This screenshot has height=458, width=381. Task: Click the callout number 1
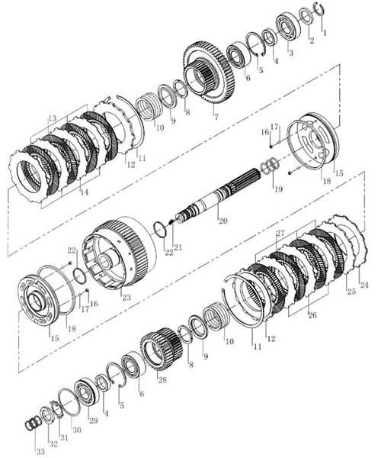(324, 33)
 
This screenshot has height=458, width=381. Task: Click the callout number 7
(216, 117)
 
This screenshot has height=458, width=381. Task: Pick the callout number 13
(52, 118)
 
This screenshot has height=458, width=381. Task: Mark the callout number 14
(85, 192)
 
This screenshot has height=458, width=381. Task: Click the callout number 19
(278, 189)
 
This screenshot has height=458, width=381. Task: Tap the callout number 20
(223, 221)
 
